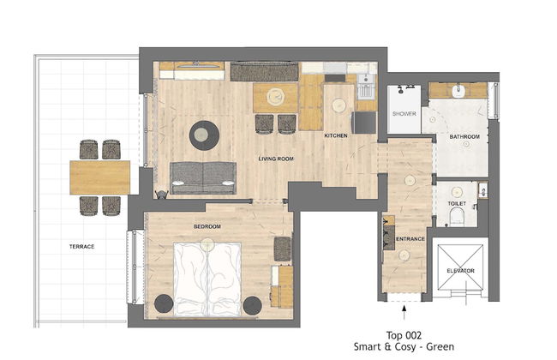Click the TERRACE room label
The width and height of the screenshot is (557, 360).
click(x=81, y=246)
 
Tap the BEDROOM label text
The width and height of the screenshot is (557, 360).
click(x=207, y=226)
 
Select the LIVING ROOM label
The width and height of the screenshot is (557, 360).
click(x=276, y=159)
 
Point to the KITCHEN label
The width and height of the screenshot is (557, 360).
click(x=336, y=135)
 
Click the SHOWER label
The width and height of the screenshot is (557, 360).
click(x=404, y=114)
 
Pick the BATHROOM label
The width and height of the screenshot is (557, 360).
click(x=464, y=136)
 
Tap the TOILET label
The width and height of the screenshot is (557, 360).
click(x=457, y=203)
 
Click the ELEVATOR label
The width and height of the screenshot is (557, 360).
click(x=460, y=271)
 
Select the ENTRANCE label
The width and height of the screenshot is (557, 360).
click(x=410, y=239)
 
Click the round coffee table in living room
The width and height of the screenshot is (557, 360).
click(x=204, y=135)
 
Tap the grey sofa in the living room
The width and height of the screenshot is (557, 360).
click(x=203, y=178)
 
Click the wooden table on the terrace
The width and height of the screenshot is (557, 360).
click(x=99, y=177)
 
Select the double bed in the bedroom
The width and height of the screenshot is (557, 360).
click(x=207, y=279)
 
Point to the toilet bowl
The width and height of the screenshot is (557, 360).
click(x=457, y=216)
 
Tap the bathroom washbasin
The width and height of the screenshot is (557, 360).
click(x=459, y=91)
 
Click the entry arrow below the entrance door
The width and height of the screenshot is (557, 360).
click(x=404, y=312)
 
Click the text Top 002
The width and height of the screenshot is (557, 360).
click(x=404, y=335)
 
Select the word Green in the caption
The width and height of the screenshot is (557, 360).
click(x=440, y=346)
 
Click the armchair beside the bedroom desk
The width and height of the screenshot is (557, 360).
click(x=283, y=249)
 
